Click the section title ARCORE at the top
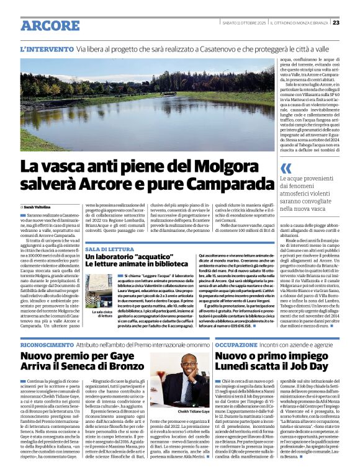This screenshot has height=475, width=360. (x=50, y=25)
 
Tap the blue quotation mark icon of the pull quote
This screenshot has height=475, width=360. (x=286, y=168)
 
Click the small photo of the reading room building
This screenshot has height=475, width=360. (x=99, y=291)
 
